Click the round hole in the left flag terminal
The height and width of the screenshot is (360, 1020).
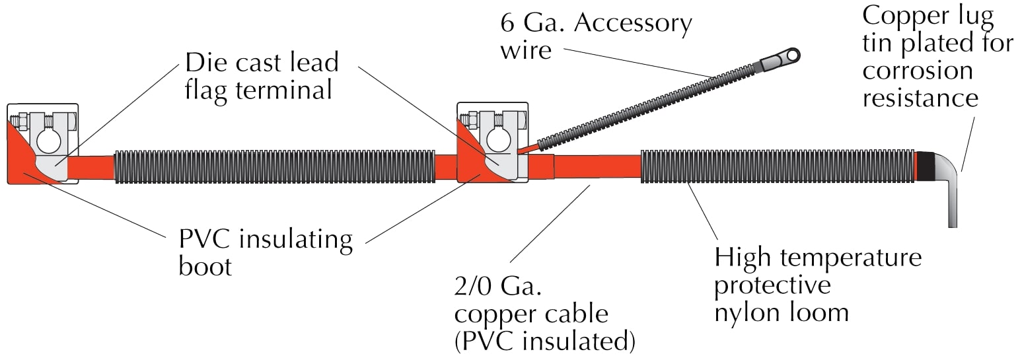coord(48,140)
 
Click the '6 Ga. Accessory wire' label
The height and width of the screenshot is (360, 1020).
coord(595,36)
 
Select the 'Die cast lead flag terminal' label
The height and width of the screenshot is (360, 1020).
coord(261,75)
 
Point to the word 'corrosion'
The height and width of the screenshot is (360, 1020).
coord(918,71)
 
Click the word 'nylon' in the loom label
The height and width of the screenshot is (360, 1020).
coord(747,311)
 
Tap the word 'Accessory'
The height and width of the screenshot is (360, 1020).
coord(633,23)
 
